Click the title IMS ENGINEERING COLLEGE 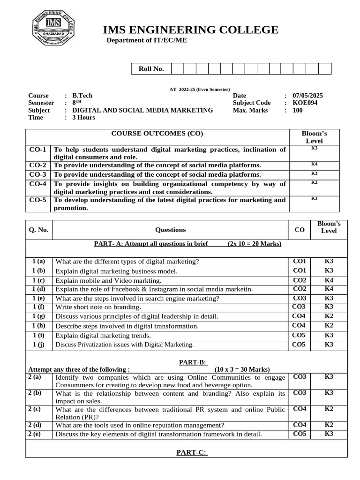[190, 30]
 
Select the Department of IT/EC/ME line [147, 40]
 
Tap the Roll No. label [151, 69]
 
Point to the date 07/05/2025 [307, 96]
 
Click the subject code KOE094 [305, 103]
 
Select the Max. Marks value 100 [298, 111]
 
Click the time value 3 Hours [83, 118]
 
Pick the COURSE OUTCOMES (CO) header [157, 134]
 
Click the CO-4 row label [37, 184]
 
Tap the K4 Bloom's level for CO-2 [314, 165]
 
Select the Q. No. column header [38, 230]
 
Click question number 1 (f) [39, 307]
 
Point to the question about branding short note [98, 307]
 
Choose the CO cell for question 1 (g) [299, 316]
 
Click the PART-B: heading [193, 362]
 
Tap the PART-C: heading [192, 452]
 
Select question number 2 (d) [35, 425]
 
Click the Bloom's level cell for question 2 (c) [329, 409]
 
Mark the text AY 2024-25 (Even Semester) [200, 89]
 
